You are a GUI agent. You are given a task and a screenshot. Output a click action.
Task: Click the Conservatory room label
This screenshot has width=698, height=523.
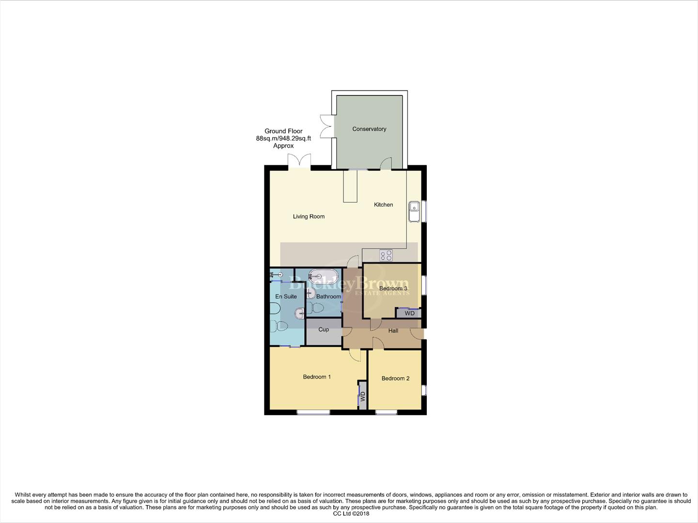pyautogui.click(x=369, y=129)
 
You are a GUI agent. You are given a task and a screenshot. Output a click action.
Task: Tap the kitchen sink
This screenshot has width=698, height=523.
pyautogui.click(x=414, y=212)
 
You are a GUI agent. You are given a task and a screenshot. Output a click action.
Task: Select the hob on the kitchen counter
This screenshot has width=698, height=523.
pyautogui.click(x=386, y=255)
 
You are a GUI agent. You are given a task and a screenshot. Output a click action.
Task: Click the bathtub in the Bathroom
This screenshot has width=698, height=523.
pyautogui.click(x=324, y=277)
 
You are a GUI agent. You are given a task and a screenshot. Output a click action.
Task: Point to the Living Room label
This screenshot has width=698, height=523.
pyautogui.click(x=309, y=216)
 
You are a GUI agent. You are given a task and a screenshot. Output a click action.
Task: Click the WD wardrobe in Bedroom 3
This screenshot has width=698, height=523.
pyautogui.click(x=409, y=313)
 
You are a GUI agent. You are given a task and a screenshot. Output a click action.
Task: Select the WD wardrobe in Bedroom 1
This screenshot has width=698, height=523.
pyautogui.click(x=362, y=397)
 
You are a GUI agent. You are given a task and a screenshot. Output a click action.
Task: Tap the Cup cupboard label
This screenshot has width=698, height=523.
pyautogui.click(x=324, y=330)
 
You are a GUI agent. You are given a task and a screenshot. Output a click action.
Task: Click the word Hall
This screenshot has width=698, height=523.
pyautogui.click(x=393, y=331)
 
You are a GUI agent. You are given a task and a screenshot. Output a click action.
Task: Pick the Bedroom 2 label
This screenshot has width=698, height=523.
pyautogui.click(x=395, y=379)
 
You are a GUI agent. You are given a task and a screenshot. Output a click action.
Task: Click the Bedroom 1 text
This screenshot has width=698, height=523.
pyautogui.click(x=317, y=377)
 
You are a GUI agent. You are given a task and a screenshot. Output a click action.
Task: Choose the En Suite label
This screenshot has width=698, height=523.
pyautogui.click(x=286, y=296)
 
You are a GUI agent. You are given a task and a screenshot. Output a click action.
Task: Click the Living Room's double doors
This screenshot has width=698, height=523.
pyautogui.click(x=299, y=161)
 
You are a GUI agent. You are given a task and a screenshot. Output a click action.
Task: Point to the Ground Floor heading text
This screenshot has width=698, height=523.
pyautogui.click(x=283, y=131)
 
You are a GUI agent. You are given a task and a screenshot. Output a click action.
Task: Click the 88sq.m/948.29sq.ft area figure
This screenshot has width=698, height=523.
pyautogui.click(x=283, y=138)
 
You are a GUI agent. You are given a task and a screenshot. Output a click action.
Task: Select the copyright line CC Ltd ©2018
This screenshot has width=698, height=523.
pyautogui.click(x=349, y=514)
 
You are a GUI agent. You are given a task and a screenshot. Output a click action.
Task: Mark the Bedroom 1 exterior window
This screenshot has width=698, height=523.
pyautogui.click(x=313, y=413)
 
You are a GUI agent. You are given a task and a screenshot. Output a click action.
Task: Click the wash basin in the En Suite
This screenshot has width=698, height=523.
pyautogui.click(x=299, y=313)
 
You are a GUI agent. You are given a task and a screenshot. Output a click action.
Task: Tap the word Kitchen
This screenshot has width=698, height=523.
pyautogui.click(x=383, y=205)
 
